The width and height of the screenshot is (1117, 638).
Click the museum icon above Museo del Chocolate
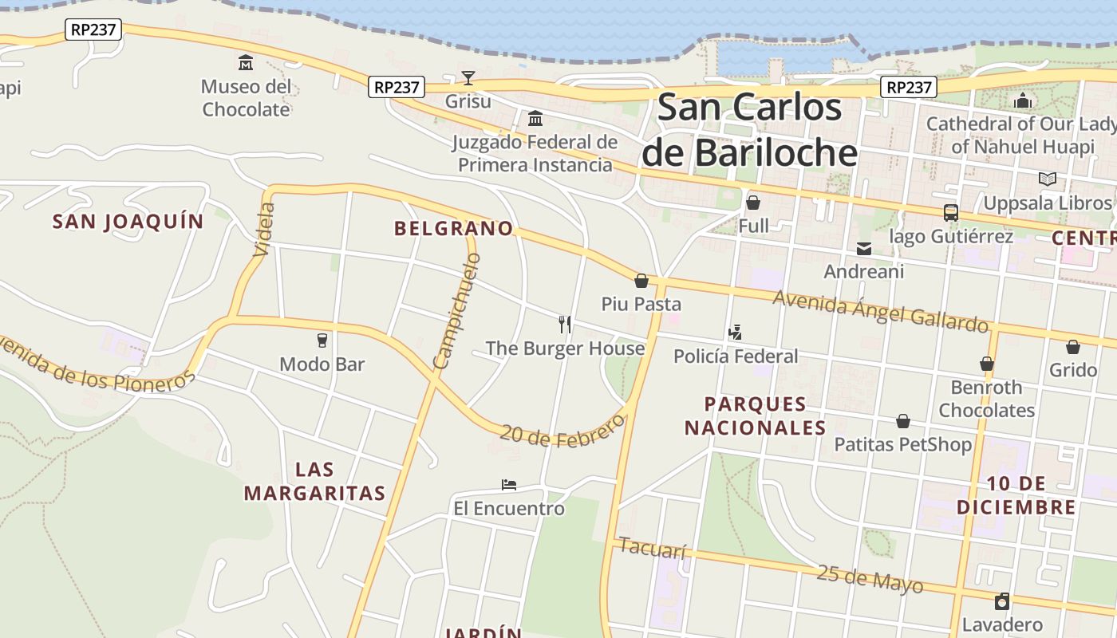pos(246,62)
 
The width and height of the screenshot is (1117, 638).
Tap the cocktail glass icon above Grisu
pos(468,77)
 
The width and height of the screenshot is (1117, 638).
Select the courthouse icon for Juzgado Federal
pos(535,119)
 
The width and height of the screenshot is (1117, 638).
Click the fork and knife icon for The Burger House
pos(565,324)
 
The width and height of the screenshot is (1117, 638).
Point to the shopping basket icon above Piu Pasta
pos(641,281)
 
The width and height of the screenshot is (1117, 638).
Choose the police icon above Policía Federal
pos(736,332)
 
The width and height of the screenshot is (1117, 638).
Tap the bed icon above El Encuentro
pos(509,484)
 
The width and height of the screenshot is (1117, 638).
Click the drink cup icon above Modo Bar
pos(322,341)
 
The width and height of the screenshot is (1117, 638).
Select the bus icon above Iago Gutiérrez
pos(950,213)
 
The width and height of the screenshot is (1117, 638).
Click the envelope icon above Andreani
pos(863,249)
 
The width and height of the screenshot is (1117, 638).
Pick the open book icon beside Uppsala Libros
pos(1047,179)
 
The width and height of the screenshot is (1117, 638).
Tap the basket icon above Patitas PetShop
pos(903,421)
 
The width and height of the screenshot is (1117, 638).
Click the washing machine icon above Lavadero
pos(1002,601)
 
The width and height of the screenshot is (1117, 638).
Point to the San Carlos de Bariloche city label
pos(750,129)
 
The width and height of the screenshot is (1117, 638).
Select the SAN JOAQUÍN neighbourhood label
pos(128,222)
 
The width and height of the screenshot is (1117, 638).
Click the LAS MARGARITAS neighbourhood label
pos(314,481)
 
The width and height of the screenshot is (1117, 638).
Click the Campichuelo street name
pos(458,311)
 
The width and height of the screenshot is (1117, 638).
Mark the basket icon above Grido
pos(1073,347)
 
